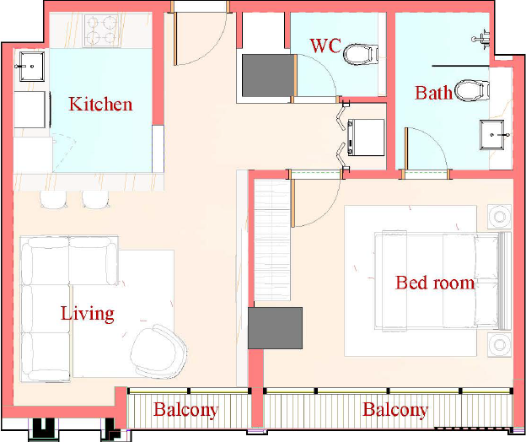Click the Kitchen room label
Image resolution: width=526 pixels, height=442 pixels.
coord(100,104)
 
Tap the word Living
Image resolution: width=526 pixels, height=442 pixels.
coord(87,314)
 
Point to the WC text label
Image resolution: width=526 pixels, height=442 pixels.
coord(325,46)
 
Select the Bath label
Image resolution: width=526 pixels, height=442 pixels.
coord(433,93)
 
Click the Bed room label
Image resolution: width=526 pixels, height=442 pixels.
coord(435,283)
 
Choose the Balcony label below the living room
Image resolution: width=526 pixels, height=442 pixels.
coord(185,410)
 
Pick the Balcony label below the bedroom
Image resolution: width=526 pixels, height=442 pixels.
coord(395,410)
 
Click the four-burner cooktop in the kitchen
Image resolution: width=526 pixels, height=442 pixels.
coord(102,30)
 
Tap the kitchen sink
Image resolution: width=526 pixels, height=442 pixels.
coord(31,67)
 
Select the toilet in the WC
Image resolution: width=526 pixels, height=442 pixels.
coord(361,54)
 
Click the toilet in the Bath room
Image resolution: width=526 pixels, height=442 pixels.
coord(472,90)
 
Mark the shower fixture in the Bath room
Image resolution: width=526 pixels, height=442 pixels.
coord(481,39)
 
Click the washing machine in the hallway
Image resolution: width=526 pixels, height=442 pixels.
coord(366,137)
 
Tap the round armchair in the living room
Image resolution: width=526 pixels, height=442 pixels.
coord(158,352)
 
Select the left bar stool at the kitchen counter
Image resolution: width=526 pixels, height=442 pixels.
coord(53,200)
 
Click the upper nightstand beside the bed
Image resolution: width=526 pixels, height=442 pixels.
coord(500,217)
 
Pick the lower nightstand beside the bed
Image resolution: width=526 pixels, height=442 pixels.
coord(500,345)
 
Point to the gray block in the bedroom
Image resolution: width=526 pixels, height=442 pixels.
coord(275,328)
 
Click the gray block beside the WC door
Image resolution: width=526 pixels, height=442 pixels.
coord(268,76)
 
